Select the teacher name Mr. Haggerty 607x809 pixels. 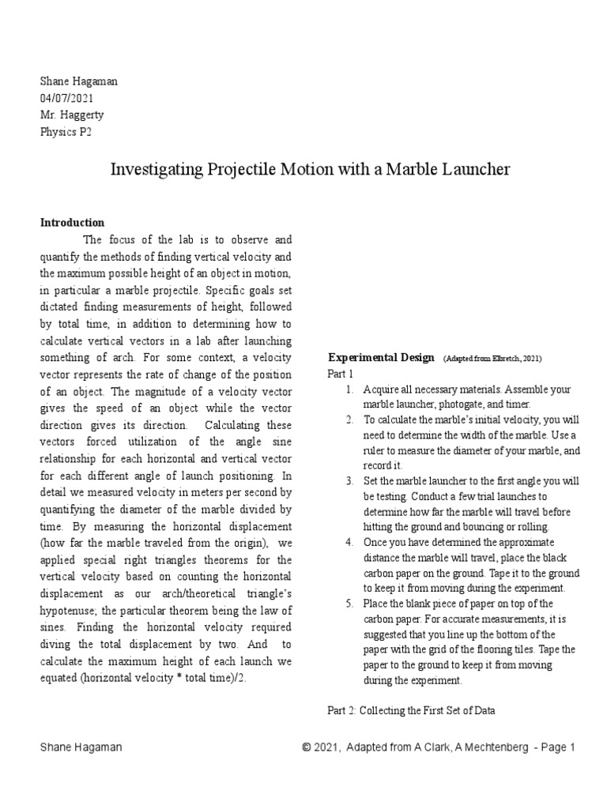pyautogui.click(x=73, y=114)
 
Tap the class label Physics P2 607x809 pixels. pyautogui.click(x=66, y=131)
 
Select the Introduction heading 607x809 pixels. pyautogui.click(x=73, y=223)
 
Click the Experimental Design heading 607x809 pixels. pyautogui.click(x=381, y=358)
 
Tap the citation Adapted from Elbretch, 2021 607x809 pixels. pyautogui.click(x=492, y=359)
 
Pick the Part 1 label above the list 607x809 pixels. pyautogui.click(x=341, y=374)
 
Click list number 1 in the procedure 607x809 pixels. pyautogui.click(x=349, y=390)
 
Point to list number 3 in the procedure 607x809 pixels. pyautogui.click(x=349, y=481)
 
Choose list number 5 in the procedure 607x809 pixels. pyautogui.click(x=349, y=604)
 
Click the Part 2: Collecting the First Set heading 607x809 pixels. pyautogui.click(x=411, y=710)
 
